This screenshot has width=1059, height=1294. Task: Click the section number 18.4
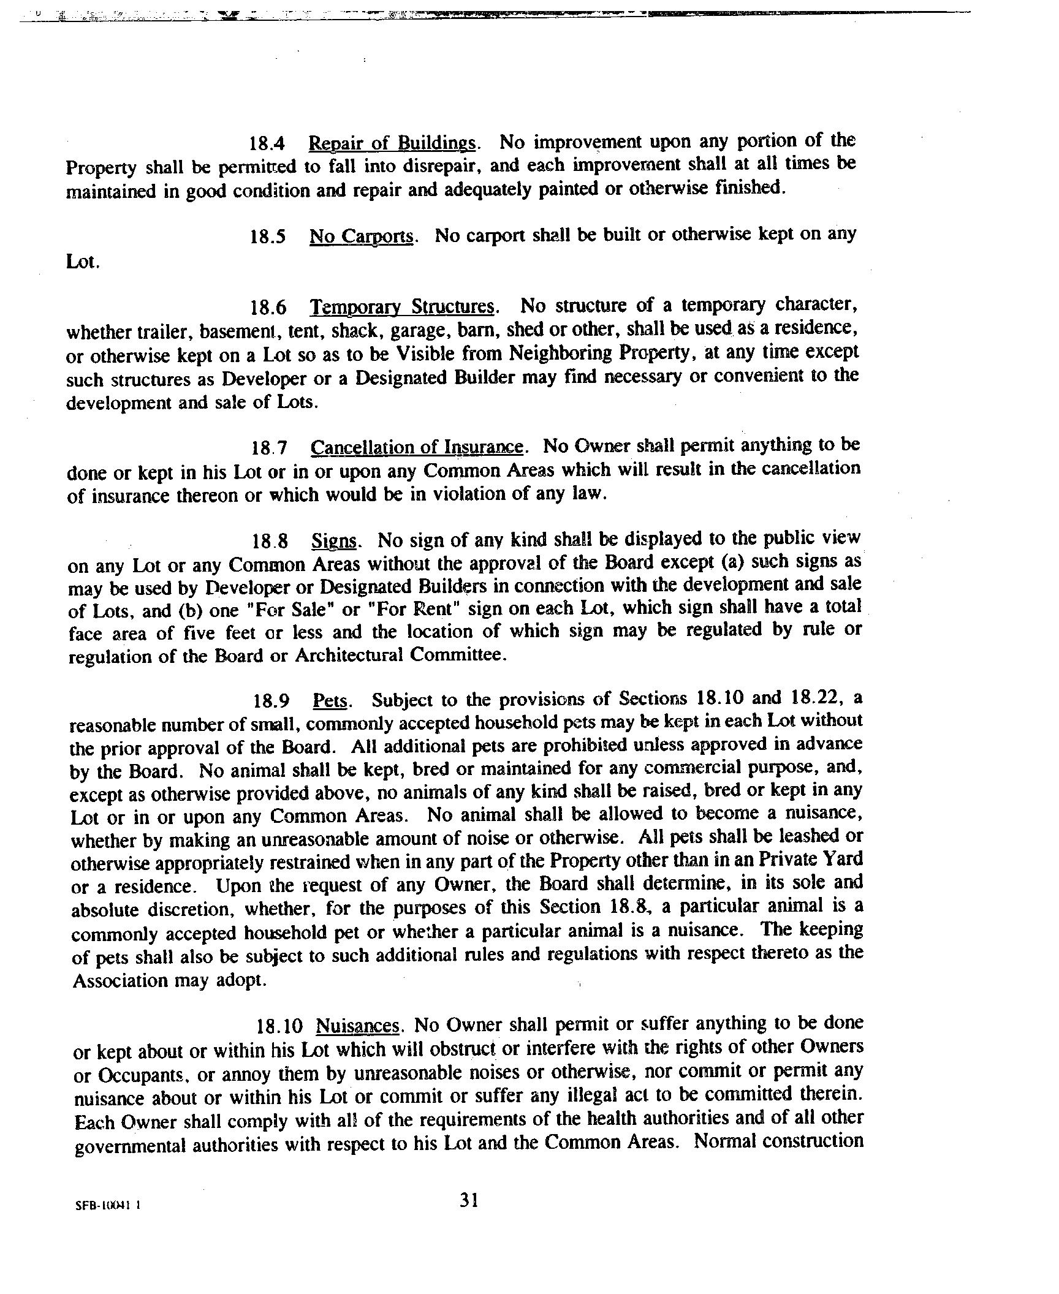(x=267, y=145)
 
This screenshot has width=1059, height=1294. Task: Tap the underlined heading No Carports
(x=362, y=236)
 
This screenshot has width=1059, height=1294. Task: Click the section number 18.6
(x=268, y=307)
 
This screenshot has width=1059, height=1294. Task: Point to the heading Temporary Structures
(x=402, y=306)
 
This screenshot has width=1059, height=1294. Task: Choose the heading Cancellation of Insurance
(x=417, y=448)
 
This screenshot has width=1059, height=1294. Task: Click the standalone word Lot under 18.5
(x=81, y=262)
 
